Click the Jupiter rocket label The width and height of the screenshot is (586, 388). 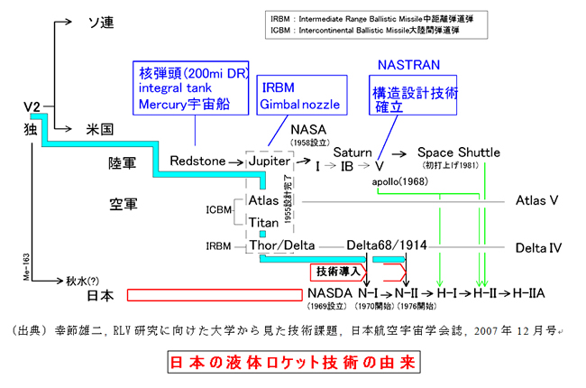click(x=271, y=161)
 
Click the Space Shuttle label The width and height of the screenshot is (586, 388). click(x=458, y=153)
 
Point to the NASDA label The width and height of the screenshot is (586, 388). click(x=329, y=294)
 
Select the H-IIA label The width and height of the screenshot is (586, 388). click(x=529, y=294)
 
